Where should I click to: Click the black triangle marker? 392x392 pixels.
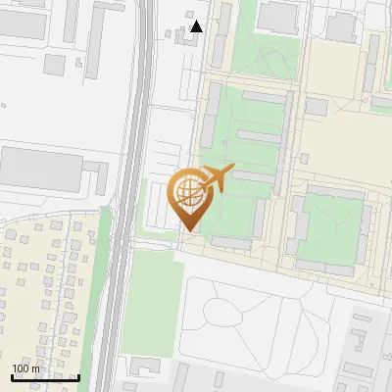pyautogui.click(x=197, y=26)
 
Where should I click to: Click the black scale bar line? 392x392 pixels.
pyautogui.click(x=45, y=377)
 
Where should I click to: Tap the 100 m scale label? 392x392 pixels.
pyautogui.click(x=25, y=369)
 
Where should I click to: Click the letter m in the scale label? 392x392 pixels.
pyautogui.click(x=36, y=369)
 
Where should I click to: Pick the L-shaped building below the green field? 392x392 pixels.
pyautogui.click(x=147, y=366)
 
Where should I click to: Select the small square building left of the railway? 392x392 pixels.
pyautogui.click(x=55, y=65)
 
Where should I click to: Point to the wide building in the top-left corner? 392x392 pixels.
pyautogui.click(x=29, y=24)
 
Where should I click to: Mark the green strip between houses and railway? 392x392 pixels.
pyautogui.click(x=93, y=294)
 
